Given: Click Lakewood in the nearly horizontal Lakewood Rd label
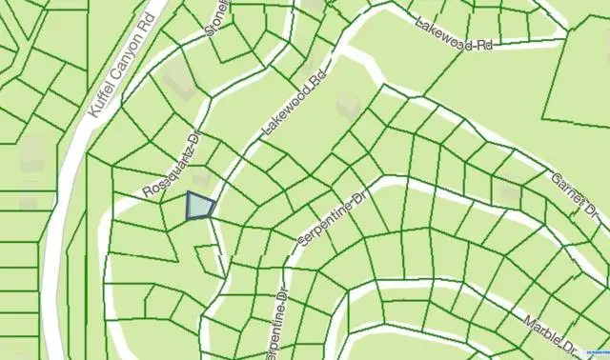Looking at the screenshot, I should point(441,31).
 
